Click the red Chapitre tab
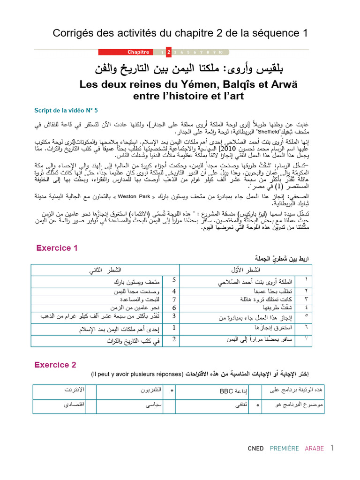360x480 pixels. pos(138,52)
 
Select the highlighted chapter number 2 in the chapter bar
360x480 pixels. pos(169,52)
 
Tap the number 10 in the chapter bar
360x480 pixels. pos(220,52)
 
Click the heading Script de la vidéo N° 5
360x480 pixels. pos(66,111)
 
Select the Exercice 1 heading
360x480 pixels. pos(57,248)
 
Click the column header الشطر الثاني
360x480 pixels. pos(105,270)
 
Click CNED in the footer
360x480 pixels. pos(255,449)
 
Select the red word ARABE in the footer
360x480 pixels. pos(315,449)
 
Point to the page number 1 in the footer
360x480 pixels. pos(332,448)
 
